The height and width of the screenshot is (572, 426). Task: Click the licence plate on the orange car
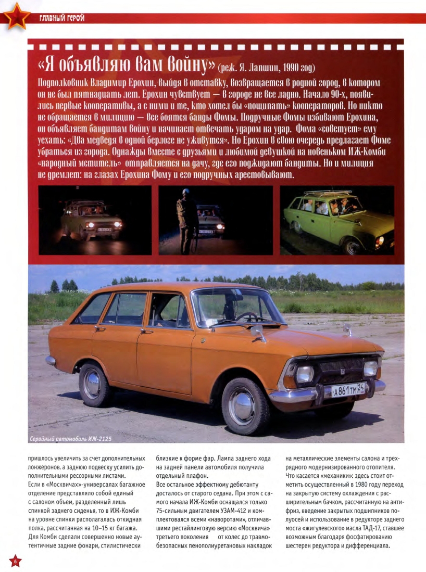point(348,389)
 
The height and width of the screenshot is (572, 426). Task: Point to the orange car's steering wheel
point(247,316)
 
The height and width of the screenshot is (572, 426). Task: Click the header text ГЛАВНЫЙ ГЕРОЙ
point(61,19)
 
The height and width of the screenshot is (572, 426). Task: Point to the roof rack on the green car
point(328,193)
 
